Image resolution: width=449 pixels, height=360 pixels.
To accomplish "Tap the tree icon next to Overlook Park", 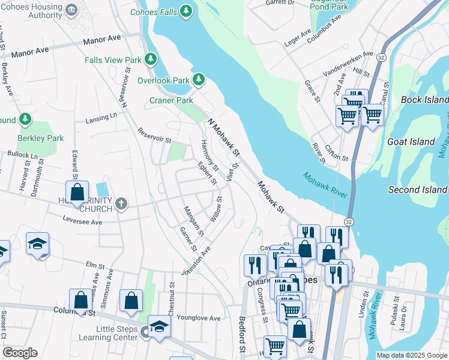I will [x=198, y=80].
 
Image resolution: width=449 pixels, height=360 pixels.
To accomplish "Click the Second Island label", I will [x=417, y=190].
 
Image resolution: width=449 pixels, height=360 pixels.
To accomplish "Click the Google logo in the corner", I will [x=20, y=353].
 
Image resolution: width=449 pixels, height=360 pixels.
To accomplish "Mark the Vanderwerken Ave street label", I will [x=348, y=62].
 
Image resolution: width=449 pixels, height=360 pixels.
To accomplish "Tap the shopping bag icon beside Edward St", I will [x=77, y=192].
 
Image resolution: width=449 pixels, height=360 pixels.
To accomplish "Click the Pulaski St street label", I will [x=396, y=308].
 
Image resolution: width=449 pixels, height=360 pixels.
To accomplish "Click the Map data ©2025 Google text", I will [x=411, y=355].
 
